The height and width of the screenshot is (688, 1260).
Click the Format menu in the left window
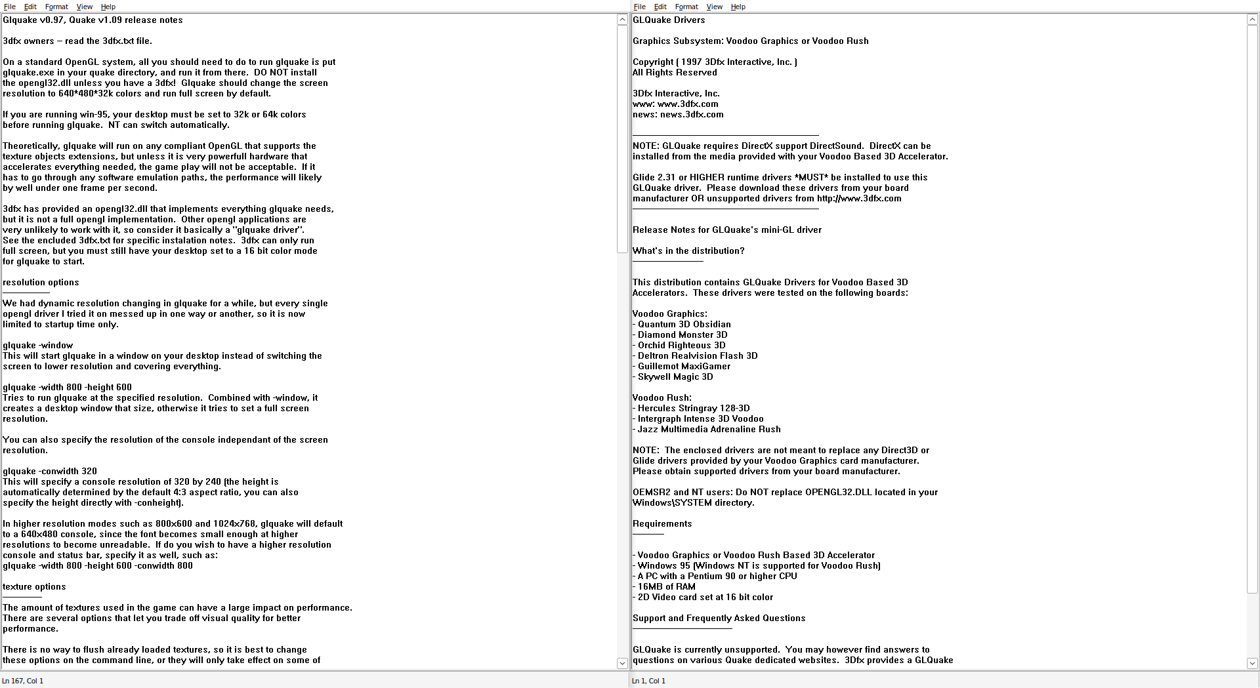click(x=56, y=7)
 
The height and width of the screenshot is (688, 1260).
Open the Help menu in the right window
click(x=738, y=7)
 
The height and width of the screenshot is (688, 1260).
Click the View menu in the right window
click(x=714, y=7)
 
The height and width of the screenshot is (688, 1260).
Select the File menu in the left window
click(x=10, y=7)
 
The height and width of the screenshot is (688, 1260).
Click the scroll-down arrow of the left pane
click(x=622, y=663)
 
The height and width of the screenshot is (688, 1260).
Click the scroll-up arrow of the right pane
click(x=1251, y=20)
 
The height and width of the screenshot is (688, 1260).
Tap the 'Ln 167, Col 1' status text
click(x=23, y=681)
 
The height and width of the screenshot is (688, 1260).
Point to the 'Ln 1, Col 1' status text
click(x=648, y=681)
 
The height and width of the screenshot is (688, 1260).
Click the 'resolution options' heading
click(x=41, y=283)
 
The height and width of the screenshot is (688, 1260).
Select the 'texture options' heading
click(x=34, y=587)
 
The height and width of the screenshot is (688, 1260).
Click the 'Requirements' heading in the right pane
click(x=662, y=524)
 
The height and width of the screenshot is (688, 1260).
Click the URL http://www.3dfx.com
click(x=859, y=199)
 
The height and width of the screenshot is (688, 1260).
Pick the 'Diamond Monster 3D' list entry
click(x=682, y=335)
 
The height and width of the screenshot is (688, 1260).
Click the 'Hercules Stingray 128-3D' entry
click(x=693, y=409)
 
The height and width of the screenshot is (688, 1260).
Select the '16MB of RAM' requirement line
click(x=666, y=587)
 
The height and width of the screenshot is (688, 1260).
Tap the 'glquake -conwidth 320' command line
click(x=50, y=472)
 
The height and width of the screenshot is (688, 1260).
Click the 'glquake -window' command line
click(x=38, y=346)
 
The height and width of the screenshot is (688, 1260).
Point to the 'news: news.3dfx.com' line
click(x=678, y=115)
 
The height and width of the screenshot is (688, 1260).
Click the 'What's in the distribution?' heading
click(x=688, y=251)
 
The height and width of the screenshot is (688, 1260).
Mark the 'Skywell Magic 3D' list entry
click(x=675, y=377)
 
